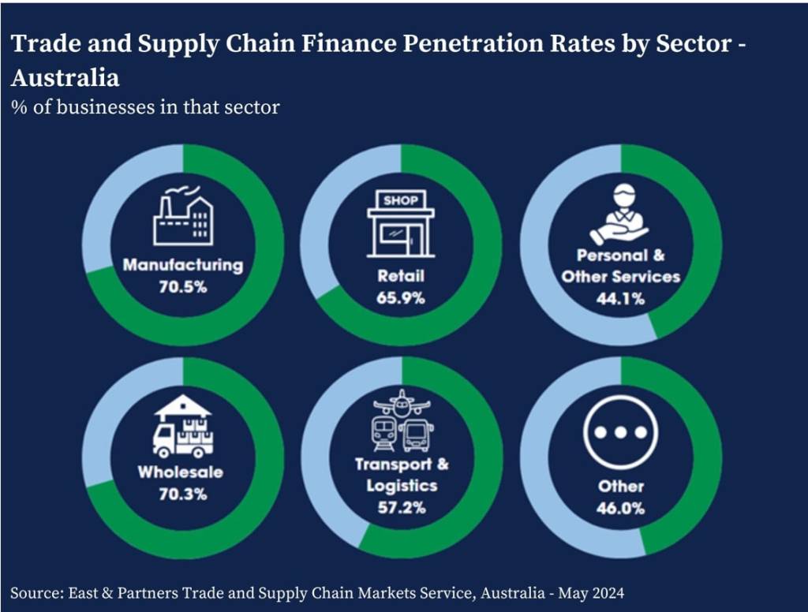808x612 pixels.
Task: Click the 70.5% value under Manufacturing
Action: (183, 287)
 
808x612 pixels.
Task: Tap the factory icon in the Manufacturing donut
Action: (183, 215)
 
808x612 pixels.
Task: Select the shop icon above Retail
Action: (400, 224)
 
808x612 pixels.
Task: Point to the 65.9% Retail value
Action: (400, 298)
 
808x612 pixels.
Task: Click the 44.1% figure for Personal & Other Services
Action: (620, 298)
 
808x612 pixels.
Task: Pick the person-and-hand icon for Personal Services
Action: (619, 214)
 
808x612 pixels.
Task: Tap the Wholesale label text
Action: (181, 472)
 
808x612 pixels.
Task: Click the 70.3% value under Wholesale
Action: (183, 494)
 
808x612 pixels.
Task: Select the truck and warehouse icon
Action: (183, 426)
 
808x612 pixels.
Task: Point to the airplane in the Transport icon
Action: (402, 403)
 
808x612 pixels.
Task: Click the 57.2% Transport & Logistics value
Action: (402, 507)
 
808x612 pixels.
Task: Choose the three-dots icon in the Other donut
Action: (620, 432)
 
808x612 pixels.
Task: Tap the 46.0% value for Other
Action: (620, 509)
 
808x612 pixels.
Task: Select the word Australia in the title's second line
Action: (65, 78)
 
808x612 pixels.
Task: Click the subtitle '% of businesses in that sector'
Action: (145, 107)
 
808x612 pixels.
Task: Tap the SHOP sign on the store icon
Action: (401, 200)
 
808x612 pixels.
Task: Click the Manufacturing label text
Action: (183, 265)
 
